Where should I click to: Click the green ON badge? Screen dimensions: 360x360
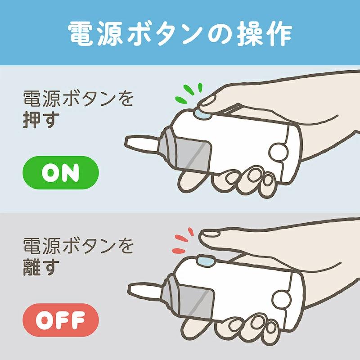click(60, 172)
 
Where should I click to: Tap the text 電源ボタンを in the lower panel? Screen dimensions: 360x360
click(79, 247)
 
